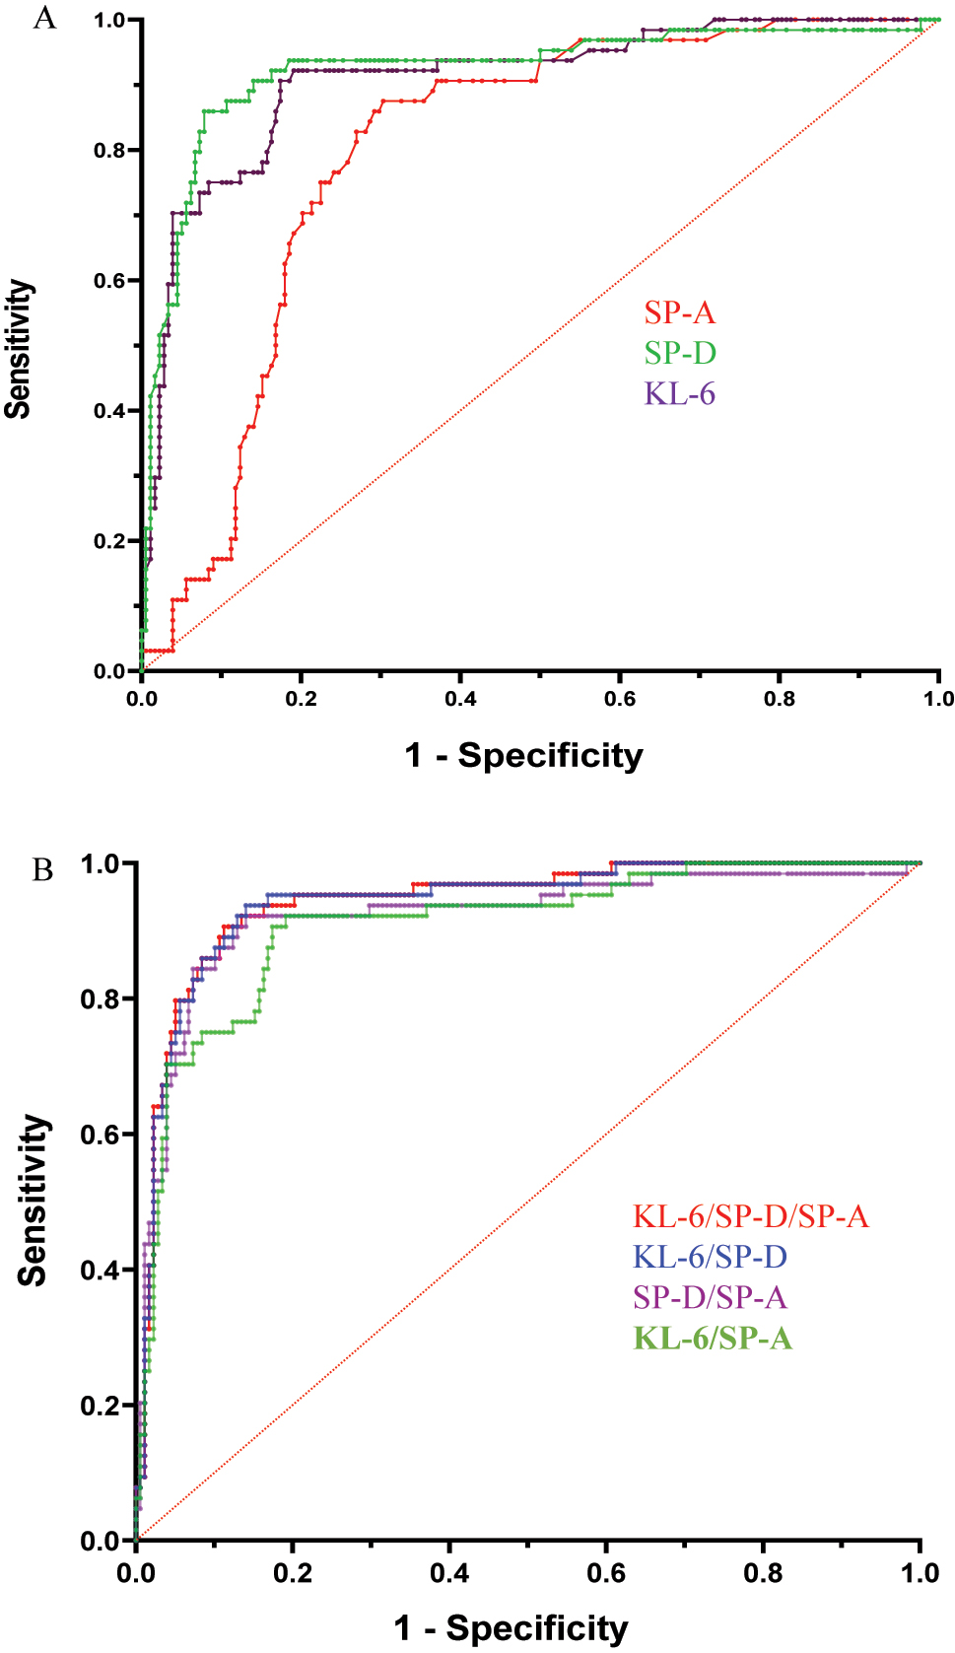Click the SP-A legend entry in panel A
coord(679,312)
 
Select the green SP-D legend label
coord(680,353)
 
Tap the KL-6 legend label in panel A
coord(680,394)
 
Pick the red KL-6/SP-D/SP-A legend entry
coord(750,1216)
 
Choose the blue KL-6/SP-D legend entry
coord(710,1257)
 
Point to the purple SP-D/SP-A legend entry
coord(710,1297)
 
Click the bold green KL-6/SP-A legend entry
coord(713,1339)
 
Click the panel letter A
coord(44,18)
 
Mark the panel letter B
coord(42,870)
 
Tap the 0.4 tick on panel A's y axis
coord(109,411)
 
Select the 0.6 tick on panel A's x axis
coord(619,699)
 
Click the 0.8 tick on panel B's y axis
coord(101,999)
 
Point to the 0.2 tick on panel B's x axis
coord(293,1572)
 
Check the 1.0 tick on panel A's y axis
coord(109,21)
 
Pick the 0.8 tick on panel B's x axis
coord(763,1572)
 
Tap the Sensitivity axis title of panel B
coord(33,1201)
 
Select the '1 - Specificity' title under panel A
coord(523,756)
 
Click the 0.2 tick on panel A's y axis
coord(109,541)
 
